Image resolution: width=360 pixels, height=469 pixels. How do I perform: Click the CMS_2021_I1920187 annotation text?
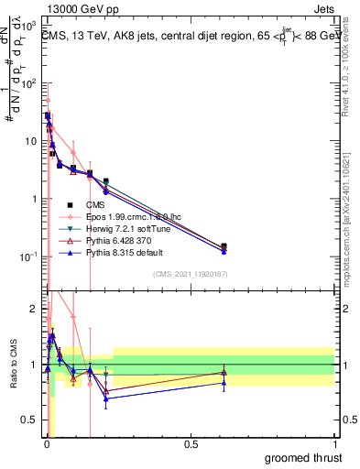[x=190, y=274]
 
